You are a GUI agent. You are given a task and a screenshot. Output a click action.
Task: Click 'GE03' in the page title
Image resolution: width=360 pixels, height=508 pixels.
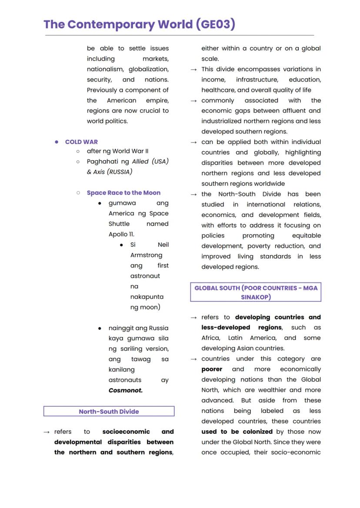(216, 24)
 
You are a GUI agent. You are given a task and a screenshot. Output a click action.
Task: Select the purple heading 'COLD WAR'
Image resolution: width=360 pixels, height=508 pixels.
(81, 142)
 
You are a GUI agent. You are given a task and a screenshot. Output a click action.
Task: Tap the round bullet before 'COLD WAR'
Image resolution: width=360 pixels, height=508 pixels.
(57, 142)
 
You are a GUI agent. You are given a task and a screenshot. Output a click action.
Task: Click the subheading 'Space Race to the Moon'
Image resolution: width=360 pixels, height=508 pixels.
(123, 193)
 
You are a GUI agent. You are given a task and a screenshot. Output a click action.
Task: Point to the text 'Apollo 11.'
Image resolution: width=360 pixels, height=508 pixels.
(121, 234)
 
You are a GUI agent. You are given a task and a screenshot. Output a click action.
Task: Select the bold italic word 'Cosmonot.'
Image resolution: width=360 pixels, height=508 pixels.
(125, 390)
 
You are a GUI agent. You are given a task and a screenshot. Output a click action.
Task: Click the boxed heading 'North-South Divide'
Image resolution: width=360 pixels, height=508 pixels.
(109, 412)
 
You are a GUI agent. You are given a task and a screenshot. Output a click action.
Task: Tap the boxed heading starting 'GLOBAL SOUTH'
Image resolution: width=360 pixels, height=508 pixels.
(256, 292)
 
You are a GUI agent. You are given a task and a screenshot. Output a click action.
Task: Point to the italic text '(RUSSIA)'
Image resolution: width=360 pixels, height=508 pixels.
(119, 172)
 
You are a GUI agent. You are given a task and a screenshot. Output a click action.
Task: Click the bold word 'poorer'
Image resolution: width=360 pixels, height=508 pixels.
(212, 369)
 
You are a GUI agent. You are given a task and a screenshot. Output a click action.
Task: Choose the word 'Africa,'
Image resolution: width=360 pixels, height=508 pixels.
(210, 338)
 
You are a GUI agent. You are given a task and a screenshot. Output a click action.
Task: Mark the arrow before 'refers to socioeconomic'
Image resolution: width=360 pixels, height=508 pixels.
(47, 432)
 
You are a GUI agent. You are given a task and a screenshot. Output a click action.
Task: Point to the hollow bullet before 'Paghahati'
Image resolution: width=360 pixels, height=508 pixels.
(78, 162)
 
